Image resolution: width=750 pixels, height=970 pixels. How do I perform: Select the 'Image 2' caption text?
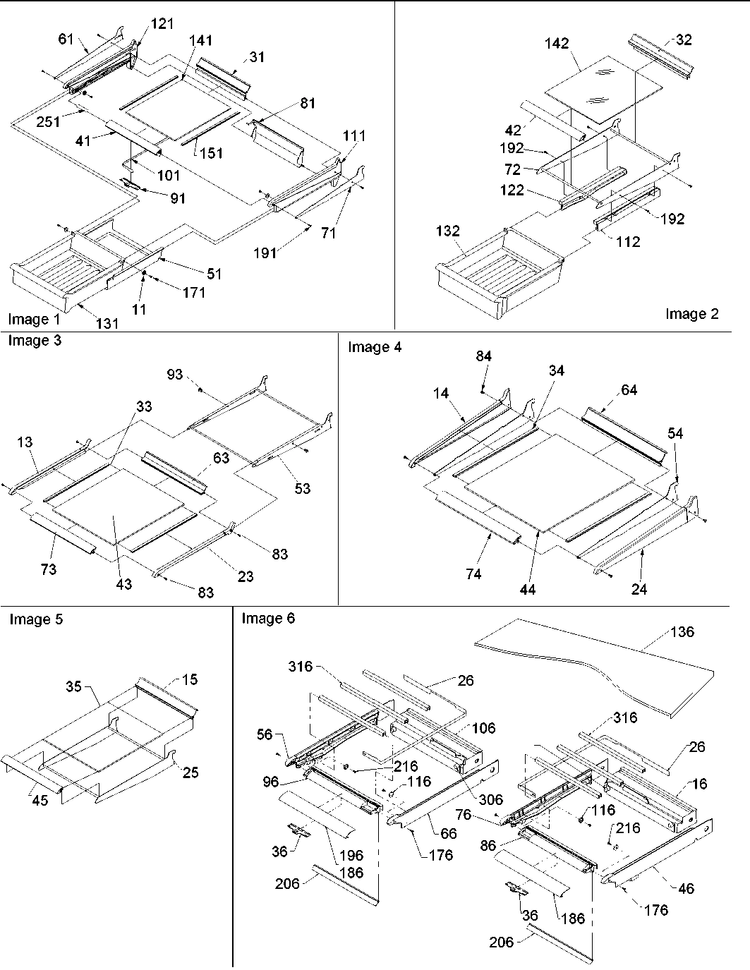pyautogui.click(x=691, y=314)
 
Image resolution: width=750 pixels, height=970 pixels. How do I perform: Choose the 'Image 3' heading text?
pyautogui.click(x=35, y=341)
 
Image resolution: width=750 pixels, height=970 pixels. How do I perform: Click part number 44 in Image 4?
pyautogui.click(x=527, y=589)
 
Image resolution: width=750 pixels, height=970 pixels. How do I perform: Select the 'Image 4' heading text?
pyautogui.click(x=375, y=346)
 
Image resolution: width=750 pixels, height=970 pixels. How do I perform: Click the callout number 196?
pyautogui.click(x=351, y=855)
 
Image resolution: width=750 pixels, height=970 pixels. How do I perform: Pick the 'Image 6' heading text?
pyautogui.click(x=268, y=619)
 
